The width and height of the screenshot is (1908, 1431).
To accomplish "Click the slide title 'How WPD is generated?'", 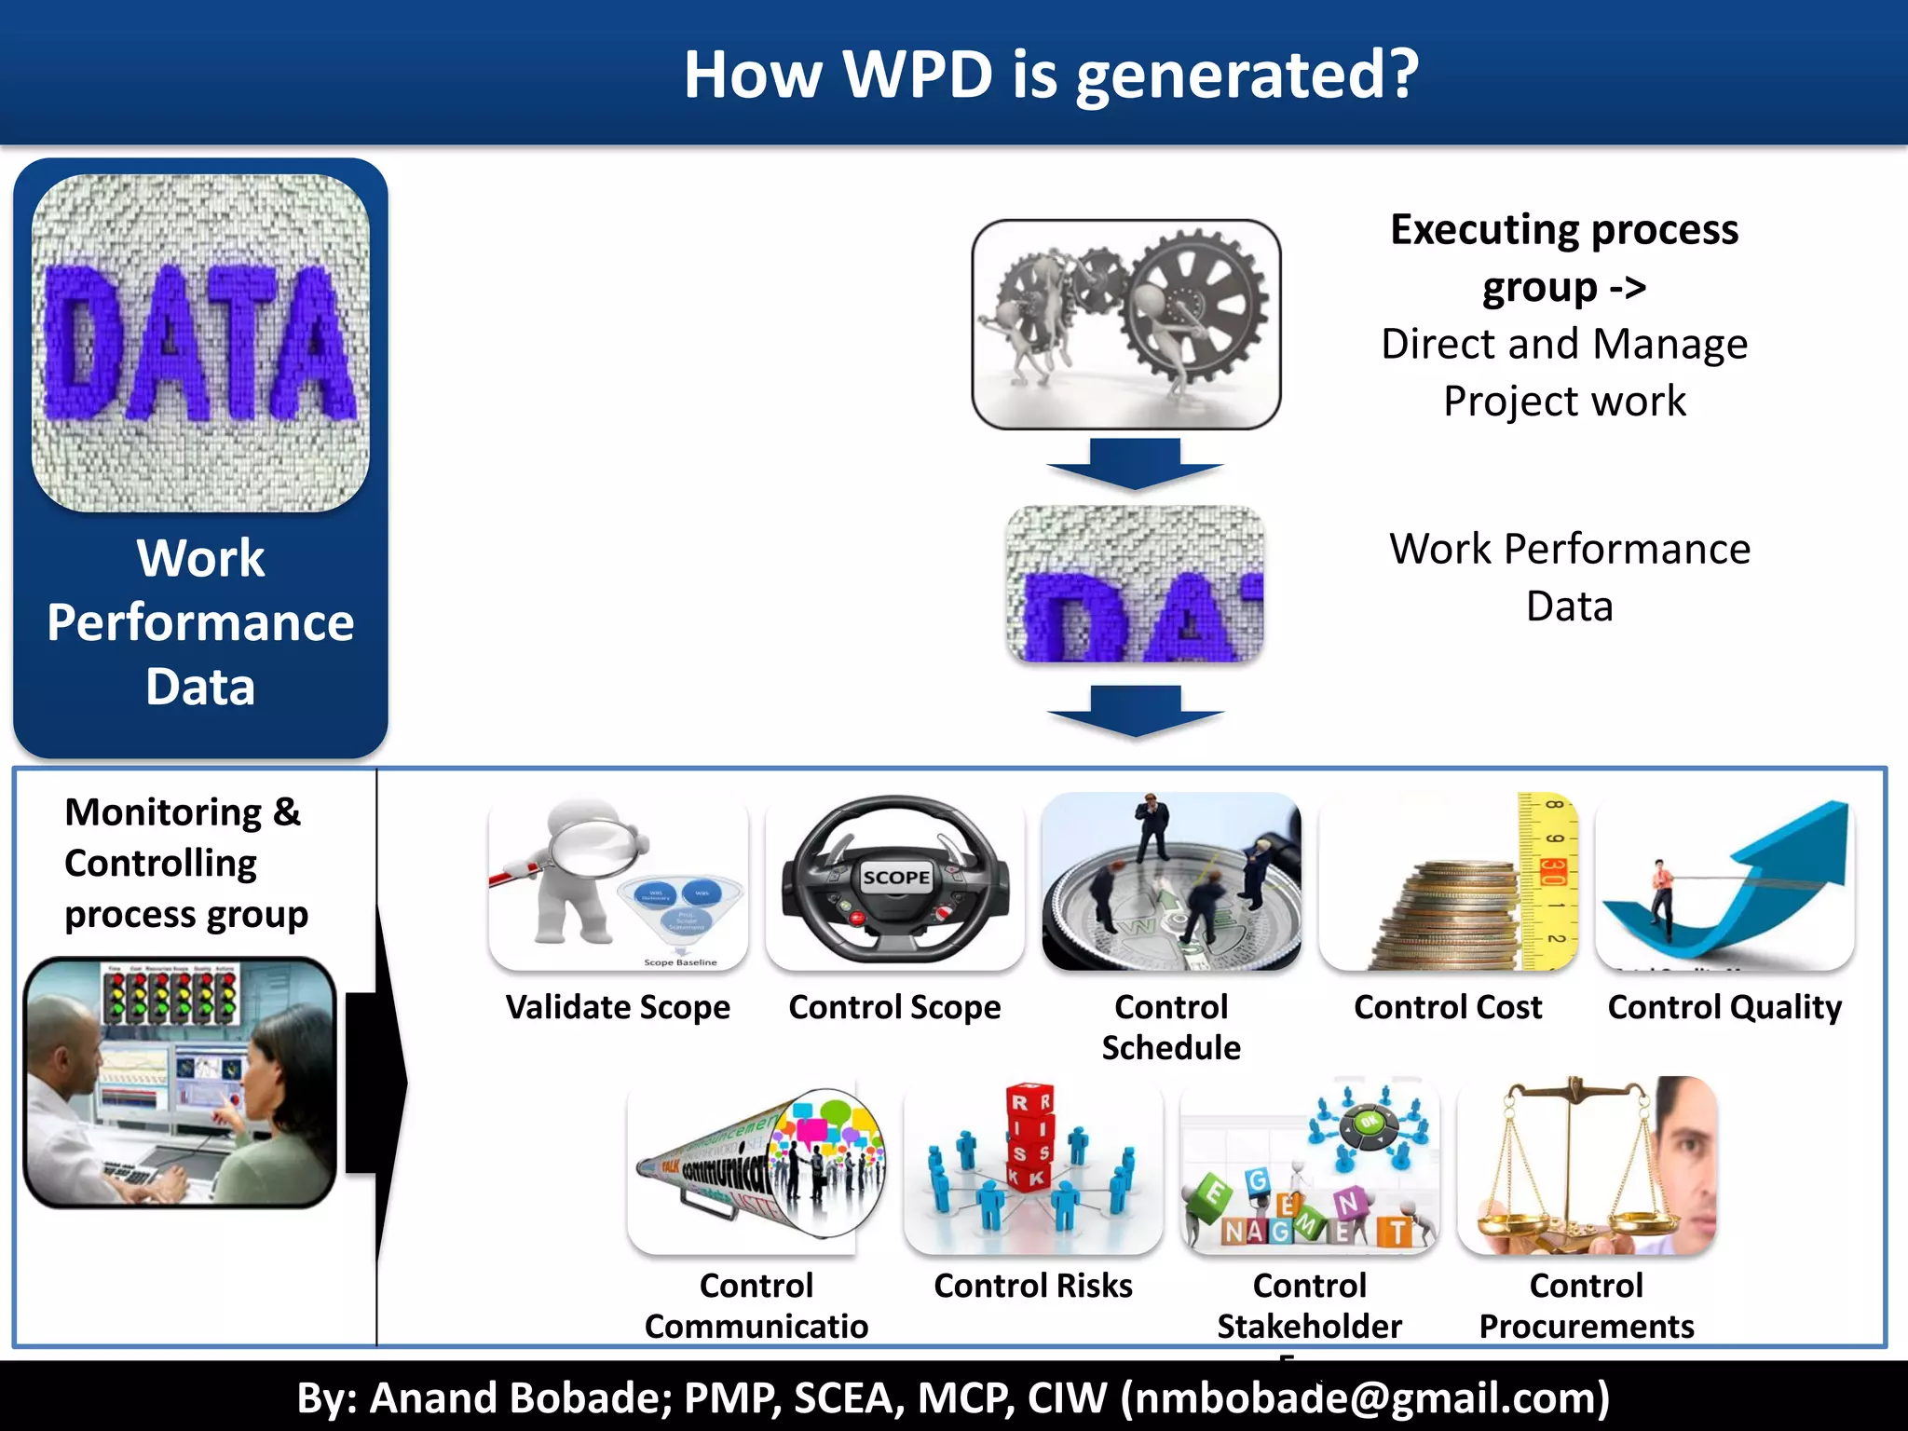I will point(1051,75).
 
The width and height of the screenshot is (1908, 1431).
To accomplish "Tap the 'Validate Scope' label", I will point(618,1007).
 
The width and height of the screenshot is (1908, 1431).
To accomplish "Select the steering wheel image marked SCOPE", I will point(895,880).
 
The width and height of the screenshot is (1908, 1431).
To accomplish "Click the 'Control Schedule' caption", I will point(1171,1027).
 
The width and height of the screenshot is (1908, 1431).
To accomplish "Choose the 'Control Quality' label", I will point(1724,1007).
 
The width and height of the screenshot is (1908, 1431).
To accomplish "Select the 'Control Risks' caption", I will point(1033,1286).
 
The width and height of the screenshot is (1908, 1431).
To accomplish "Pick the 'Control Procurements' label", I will point(1587,1305).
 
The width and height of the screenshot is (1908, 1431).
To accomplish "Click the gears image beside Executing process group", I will point(1125,324).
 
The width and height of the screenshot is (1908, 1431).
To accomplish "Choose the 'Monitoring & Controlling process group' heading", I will point(184,863).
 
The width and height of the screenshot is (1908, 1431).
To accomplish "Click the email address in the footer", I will point(1365,1397).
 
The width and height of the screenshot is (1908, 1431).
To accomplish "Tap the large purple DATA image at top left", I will point(200,343).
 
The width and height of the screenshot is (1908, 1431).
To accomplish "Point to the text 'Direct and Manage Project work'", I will point(1564,372).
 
